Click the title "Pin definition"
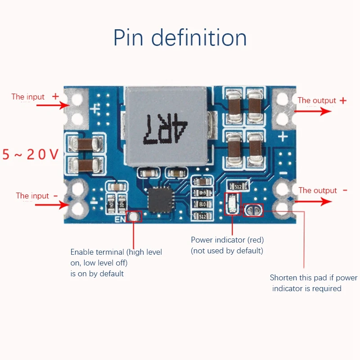coord(180,38)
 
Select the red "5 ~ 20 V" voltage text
coord(31,155)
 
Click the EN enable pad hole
coord(133,217)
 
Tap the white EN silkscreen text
coord(120,220)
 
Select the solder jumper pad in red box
coord(253,210)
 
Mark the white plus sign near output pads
coord(283,136)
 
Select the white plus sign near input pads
coord(95,108)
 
